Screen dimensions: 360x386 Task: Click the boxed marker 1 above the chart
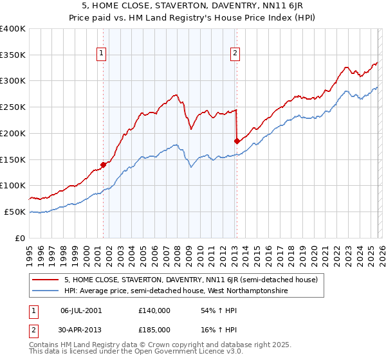(x=102, y=54)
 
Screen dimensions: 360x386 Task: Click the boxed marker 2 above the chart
(x=235, y=54)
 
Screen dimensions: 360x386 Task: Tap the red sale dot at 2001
(x=103, y=165)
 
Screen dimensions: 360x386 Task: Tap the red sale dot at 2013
(x=237, y=141)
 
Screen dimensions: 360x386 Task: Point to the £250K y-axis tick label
(x=13, y=107)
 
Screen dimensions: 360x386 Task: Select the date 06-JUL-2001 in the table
(x=80, y=310)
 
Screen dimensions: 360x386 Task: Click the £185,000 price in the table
(x=154, y=328)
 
